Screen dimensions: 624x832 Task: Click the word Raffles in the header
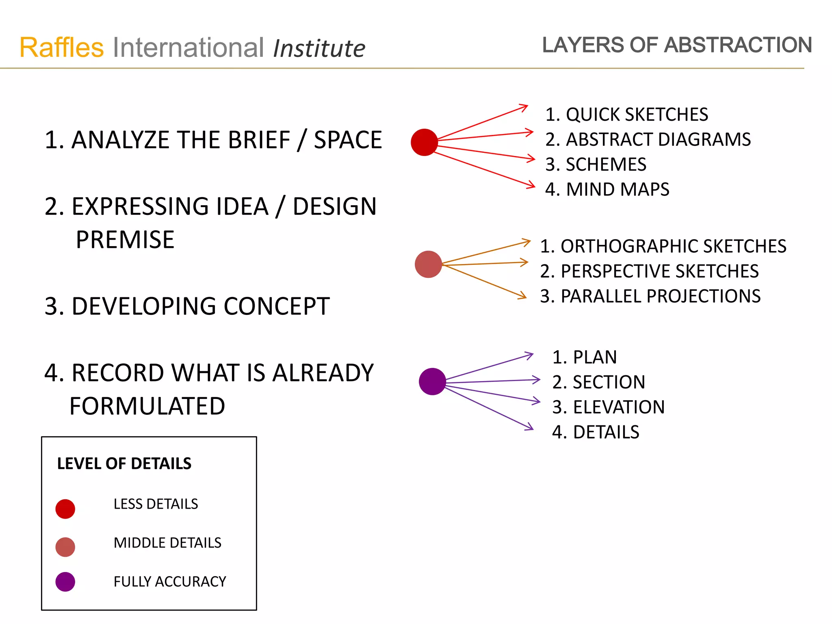pos(62,48)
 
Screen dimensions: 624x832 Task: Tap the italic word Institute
pos(319,49)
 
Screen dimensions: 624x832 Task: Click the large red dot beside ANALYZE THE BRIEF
pos(424,142)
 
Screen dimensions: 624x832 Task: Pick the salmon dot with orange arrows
pos(428,264)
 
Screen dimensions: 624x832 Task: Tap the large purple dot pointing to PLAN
pos(432,381)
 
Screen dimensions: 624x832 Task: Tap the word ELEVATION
pos(619,407)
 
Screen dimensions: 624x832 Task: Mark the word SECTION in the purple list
pos(609,382)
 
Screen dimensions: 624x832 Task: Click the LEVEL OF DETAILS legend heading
pos(124,464)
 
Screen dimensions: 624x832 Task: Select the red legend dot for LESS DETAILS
pos(65,509)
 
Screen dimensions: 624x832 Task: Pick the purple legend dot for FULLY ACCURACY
pos(65,582)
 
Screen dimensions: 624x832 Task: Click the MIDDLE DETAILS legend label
pos(167,543)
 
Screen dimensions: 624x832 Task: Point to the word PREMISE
pos(125,240)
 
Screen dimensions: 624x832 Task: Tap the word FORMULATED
pos(147,406)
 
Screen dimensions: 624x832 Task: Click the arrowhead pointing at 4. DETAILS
pos(530,427)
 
